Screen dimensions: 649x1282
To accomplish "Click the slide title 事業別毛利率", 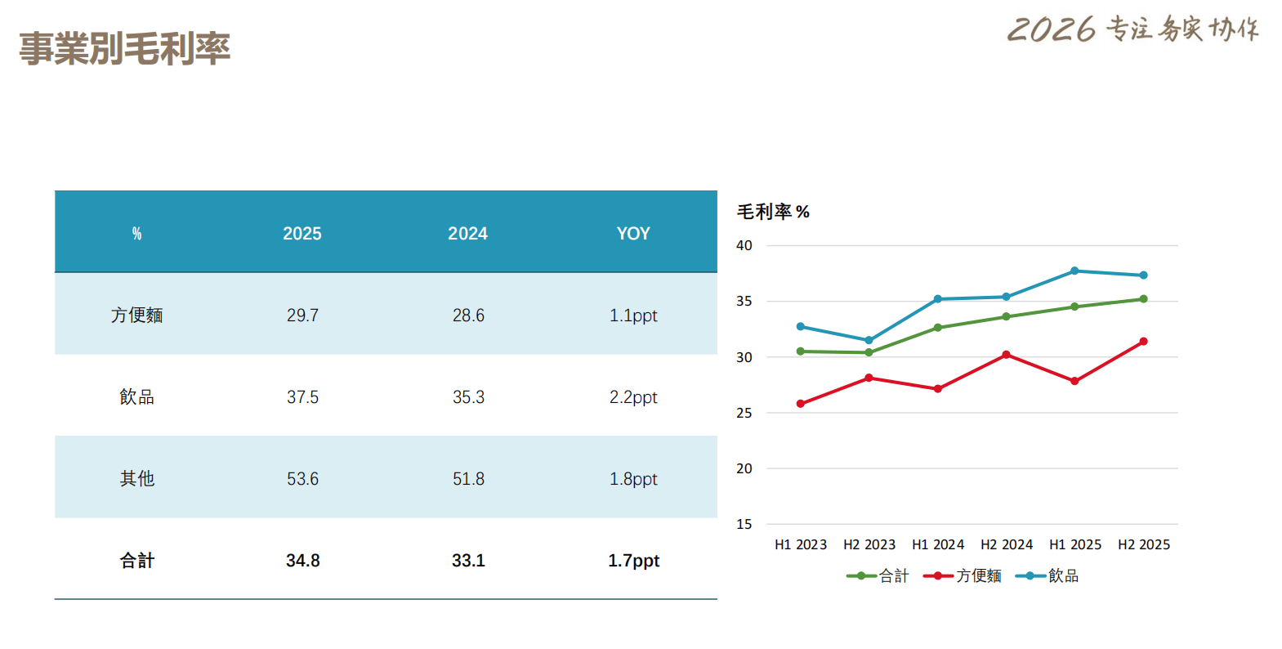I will click(x=124, y=49).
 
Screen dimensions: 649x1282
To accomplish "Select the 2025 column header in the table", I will click(x=302, y=234).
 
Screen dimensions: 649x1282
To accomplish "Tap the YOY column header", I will click(x=633, y=234).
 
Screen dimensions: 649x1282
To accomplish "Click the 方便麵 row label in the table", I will click(x=137, y=316).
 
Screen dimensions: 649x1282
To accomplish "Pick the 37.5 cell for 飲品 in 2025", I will click(x=302, y=397).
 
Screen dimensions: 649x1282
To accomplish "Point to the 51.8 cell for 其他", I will click(x=468, y=479).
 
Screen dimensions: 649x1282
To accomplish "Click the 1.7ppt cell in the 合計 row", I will click(x=633, y=561).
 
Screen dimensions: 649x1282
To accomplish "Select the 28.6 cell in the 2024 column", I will click(x=468, y=316).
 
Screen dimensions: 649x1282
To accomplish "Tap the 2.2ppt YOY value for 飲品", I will click(x=633, y=397).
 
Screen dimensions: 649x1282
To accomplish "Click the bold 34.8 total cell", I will click(x=302, y=561).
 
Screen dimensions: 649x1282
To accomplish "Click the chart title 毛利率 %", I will click(x=773, y=212).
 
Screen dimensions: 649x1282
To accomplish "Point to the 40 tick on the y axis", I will click(x=744, y=245).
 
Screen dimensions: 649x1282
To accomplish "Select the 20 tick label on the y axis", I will click(x=744, y=468).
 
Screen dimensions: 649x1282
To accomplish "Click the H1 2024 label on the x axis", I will click(x=938, y=544).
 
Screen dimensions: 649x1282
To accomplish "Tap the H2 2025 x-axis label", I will click(x=1144, y=544).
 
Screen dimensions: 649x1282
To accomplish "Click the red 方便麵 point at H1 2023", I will click(x=801, y=404).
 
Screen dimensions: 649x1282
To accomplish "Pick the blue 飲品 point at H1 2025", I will click(x=1074, y=271).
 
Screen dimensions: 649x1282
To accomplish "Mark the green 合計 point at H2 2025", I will click(x=1143, y=299).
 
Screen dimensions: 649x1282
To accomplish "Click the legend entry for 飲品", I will click(x=1047, y=576).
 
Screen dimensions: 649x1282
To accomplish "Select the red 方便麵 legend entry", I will click(x=963, y=576).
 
